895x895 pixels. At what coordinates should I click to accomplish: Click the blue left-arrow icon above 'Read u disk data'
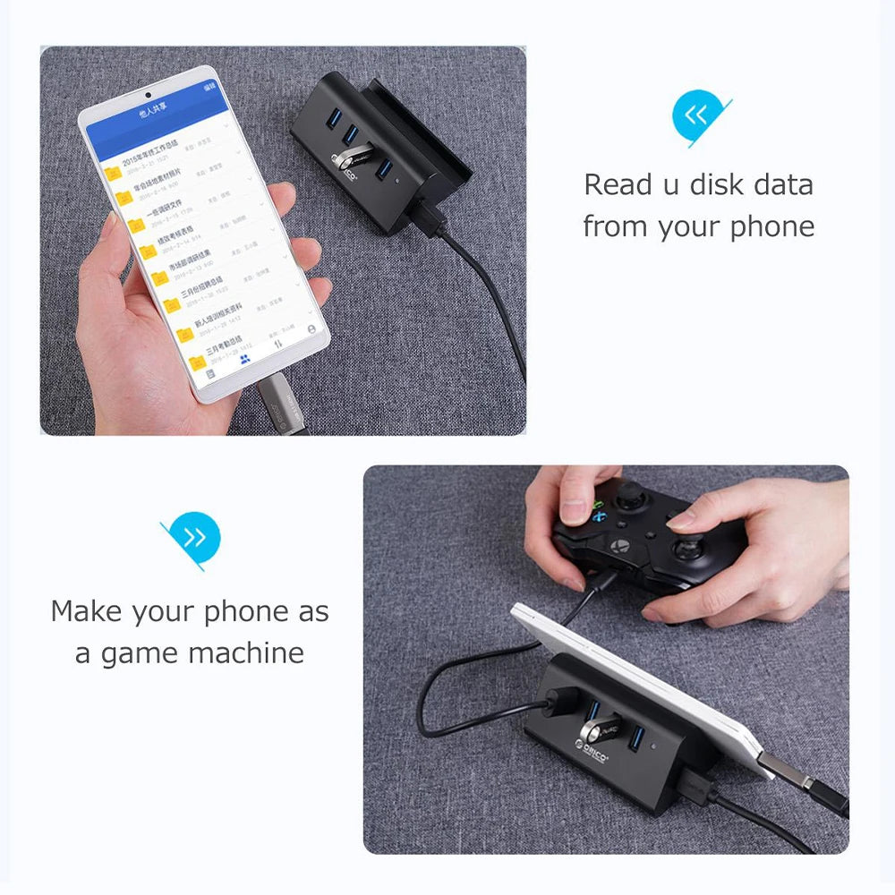point(697,115)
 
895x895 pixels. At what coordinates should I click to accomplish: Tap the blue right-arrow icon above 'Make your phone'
point(194,537)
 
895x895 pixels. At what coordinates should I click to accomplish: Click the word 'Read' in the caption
point(618,185)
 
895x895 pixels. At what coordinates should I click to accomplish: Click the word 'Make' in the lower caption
point(89,612)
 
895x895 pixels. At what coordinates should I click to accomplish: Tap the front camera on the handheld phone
point(149,93)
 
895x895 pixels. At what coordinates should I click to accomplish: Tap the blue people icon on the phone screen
point(244,358)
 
